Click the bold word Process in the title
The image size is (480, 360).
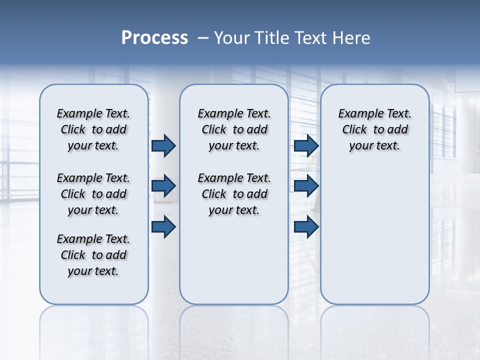click(154, 38)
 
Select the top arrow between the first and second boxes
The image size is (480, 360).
click(163, 145)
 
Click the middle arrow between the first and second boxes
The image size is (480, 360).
click(163, 186)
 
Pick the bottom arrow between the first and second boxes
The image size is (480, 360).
click(163, 227)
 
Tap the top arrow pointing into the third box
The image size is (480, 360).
click(306, 145)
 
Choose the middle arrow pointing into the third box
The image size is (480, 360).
click(306, 186)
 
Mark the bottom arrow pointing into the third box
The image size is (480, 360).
click(306, 227)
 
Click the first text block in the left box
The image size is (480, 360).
click(93, 129)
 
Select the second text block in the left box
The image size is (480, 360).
click(93, 194)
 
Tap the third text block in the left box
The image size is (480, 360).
click(93, 255)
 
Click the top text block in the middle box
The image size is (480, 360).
click(234, 129)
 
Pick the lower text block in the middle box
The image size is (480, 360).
click(234, 194)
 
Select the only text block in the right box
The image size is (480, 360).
click(374, 129)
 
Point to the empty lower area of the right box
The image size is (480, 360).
click(374, 235)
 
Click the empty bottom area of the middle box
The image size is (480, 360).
click(234, 265)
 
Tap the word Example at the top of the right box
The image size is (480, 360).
click(356, 113)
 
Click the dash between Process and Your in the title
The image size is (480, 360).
click(203, 38)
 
